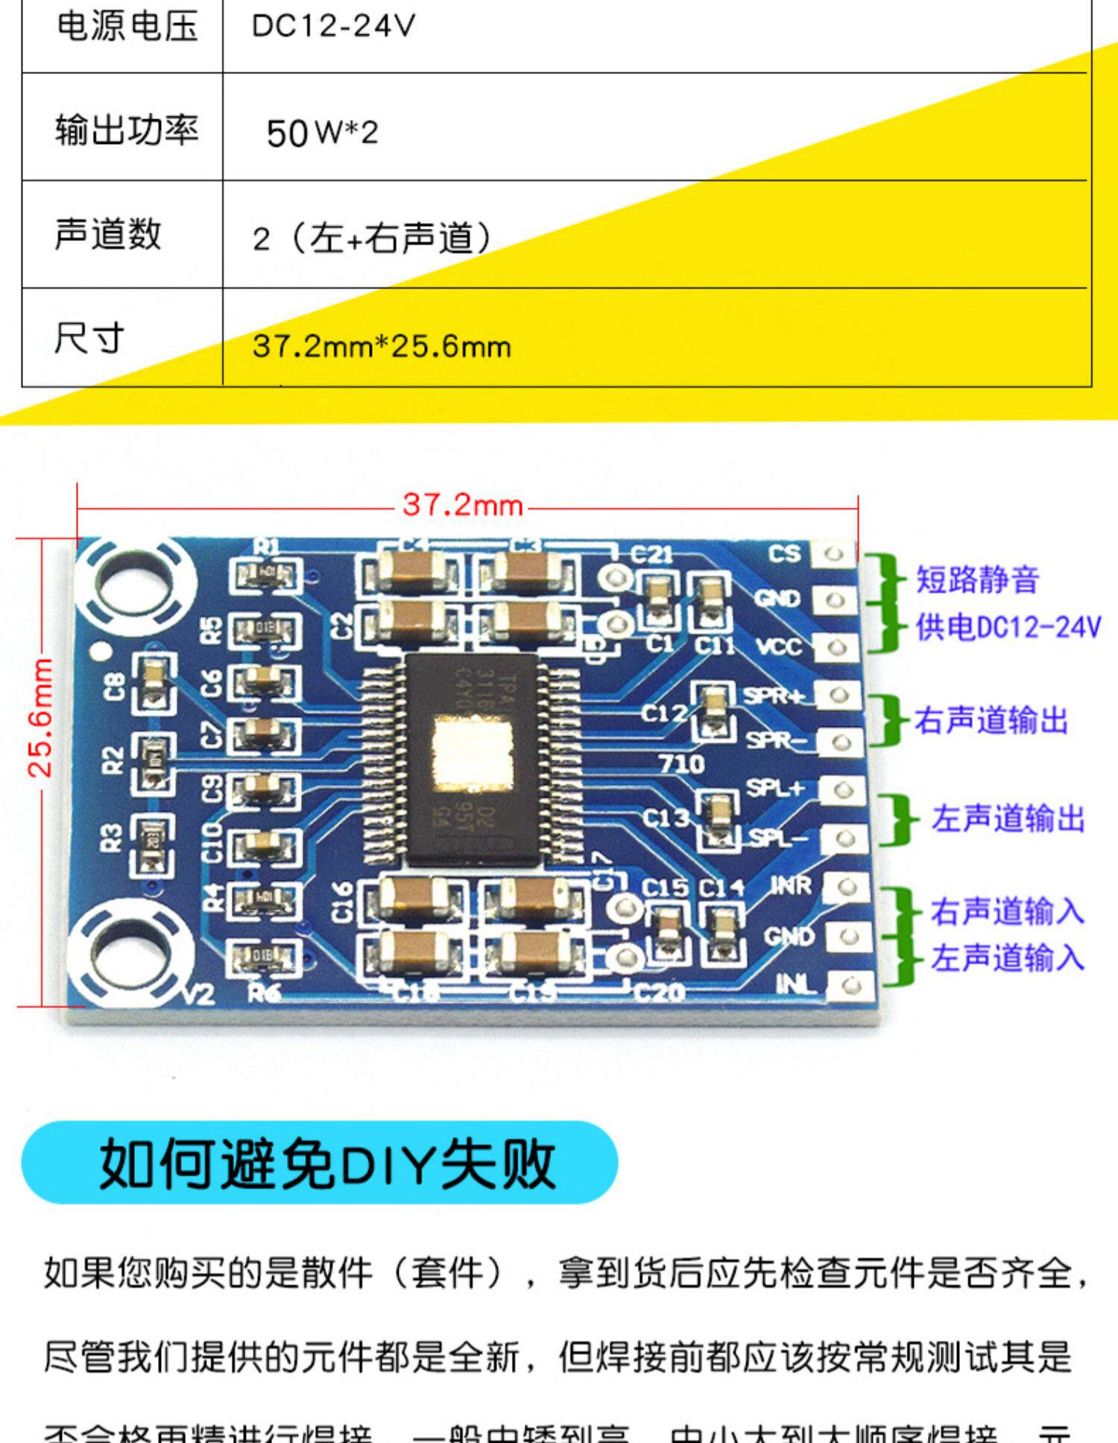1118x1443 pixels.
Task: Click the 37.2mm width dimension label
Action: tap(462, 506)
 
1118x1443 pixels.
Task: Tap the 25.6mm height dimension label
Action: tap(40, 717)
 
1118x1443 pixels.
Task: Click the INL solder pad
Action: tap(850, 986)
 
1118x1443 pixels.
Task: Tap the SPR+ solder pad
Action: tap(839, 695)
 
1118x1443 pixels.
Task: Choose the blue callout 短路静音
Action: tap(976, 579)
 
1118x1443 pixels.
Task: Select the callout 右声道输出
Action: tap(991, 721)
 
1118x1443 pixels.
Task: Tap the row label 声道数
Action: tap(108, 234)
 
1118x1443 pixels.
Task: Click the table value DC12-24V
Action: tap(333, 27)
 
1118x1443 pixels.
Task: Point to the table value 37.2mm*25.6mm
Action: tap(382, 347)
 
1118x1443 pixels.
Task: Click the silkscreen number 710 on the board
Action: tap(680, 764)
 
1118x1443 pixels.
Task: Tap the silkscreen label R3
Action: tap(111, 837)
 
